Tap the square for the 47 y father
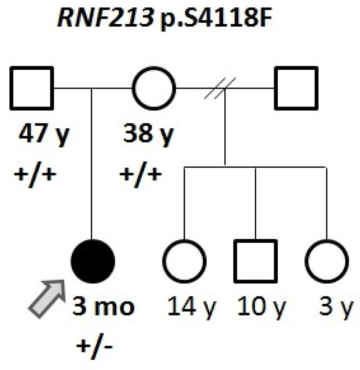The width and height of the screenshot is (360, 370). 32,88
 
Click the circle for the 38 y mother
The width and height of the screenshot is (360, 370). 154,88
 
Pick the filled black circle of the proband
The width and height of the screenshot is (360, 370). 92,261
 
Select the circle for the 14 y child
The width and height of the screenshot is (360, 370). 185,261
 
